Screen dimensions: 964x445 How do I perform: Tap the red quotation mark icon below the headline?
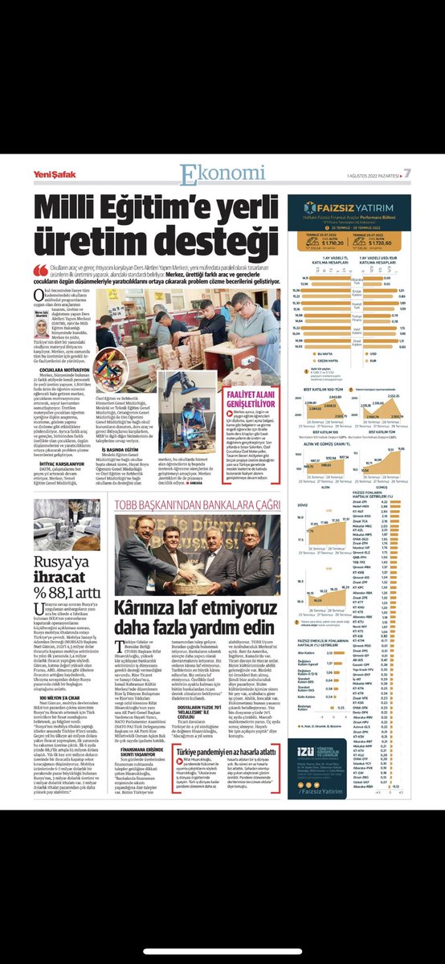(x=38, y=270)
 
